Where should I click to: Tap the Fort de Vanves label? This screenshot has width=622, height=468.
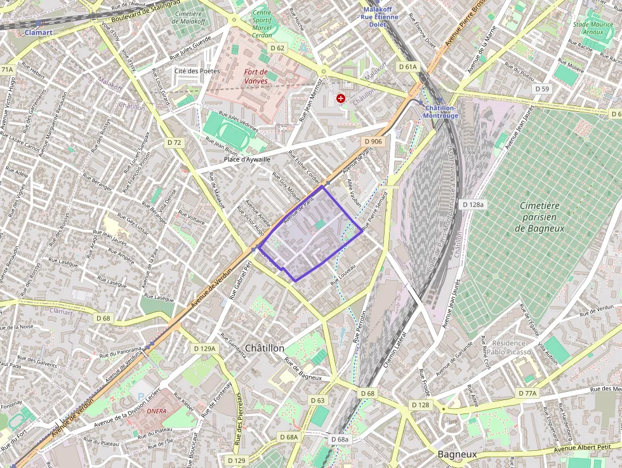[x=256, y=76]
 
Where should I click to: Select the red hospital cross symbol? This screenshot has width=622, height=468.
[x=341, y=98]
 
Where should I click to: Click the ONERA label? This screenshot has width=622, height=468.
[x=156, y=411]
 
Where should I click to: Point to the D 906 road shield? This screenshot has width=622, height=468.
[x=374, y=141]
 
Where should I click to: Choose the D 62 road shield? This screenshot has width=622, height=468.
[x=277, y=48]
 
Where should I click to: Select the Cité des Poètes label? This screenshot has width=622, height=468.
[x=197, y=70]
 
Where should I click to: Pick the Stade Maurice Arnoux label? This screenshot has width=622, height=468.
[x=599, y=29]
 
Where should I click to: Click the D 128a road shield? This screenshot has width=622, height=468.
[x=473, y=204]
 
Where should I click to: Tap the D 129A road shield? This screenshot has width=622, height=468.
[x=204, y=349]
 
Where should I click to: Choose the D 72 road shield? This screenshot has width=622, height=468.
[x=175, y=143]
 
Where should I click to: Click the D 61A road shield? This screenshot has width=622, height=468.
[x=408, y=67]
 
